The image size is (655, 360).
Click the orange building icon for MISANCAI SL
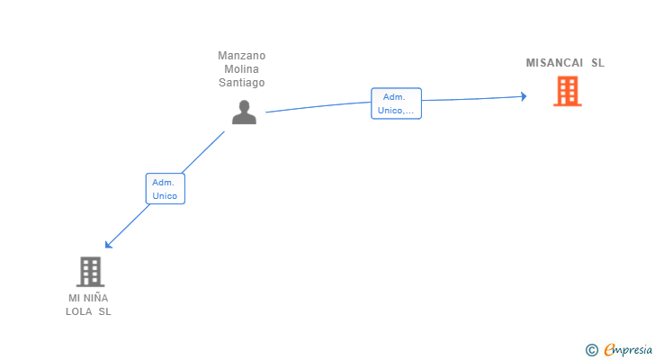tap(567, 91)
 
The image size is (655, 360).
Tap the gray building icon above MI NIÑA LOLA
tap(90, 272)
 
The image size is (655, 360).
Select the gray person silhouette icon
tap(244, 112)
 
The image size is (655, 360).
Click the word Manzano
tap(241, 56)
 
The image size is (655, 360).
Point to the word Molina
tap(241, 69)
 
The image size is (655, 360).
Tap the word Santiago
tap(241, 83)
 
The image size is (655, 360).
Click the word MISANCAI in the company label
tap(554, 63)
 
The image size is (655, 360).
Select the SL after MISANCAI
tap(597, 63)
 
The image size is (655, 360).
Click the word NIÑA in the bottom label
tap(95, 298)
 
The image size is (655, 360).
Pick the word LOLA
tap(78, 311)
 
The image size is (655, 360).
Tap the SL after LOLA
tap(105, 311)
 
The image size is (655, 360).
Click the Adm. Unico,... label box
tap(396, 103)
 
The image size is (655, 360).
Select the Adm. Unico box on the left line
tap(165, 189)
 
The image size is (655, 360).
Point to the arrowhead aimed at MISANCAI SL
tap(524, 96)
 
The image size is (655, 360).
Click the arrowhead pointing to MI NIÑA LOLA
tap(108, 245)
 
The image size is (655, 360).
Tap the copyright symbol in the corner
tap(591, 350)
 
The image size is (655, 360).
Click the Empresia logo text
tap(628, 350)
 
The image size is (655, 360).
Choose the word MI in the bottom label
tap(74, 298)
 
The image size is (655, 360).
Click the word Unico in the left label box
tap(165, 195)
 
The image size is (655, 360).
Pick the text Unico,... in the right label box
tap(396, 111)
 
